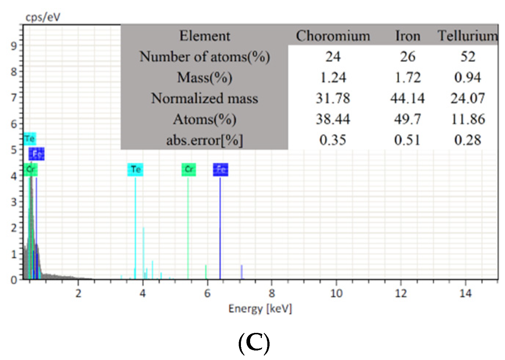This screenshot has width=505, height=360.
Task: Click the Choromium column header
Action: pyautogui.click(x=333, y=36)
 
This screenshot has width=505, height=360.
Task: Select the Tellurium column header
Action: pyautogui.click(x=468, y=36)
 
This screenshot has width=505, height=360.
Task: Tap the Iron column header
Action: pyautogui.click(x=407, y=36)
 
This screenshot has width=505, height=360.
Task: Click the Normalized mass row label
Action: pyautogui.click(x=204, y=98)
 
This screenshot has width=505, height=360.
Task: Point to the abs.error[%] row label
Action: pyautogui.click(x=204, y=140)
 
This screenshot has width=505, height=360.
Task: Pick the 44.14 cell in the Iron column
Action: pyautogui.click(x=407, y=98)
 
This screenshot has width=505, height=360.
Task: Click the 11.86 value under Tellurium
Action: pyautogui.click(x=468, y=119)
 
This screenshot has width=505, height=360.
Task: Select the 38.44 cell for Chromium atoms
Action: pyautogui.click(x=333, y=119)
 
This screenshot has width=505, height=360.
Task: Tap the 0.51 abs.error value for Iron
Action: pyautogui.click(x=407, y=140)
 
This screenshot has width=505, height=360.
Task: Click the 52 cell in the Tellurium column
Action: pyautogui.click(x=468, y=56)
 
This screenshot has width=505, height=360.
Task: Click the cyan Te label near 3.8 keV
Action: pyautogui.click(x=135, y=169)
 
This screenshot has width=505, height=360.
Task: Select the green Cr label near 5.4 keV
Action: pyautogui.click(x=189, y=169)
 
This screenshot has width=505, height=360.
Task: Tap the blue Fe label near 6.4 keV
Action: pyautogui.click(x=220, y=169)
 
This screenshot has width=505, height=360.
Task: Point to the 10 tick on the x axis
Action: pyautogui.click(x=336, y=294)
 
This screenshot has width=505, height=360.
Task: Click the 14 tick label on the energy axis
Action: pyautogui.click(x=465, y=294)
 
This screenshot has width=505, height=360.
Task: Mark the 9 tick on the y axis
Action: pyautogui.click(x=14, y=46)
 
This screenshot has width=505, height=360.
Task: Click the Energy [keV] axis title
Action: pyautogui.click(x=260, y=309)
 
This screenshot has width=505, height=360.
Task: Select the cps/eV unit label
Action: pyautogui.click(x=43, y=17)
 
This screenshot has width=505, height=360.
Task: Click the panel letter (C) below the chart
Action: pyautogui.click(x=254, y=343)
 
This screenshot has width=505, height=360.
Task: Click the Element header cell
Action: pyautogui.click(x=204, y=36)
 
